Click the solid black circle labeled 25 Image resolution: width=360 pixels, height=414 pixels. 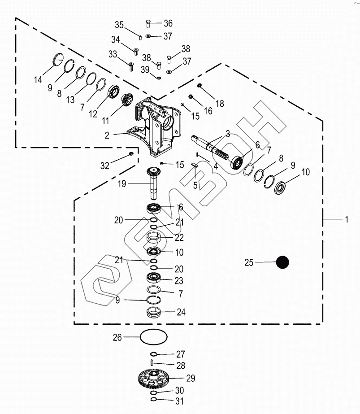pos(282,262)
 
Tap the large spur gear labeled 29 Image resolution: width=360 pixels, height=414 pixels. pos(153,379)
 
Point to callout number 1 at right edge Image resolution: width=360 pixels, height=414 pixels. pos(347,219)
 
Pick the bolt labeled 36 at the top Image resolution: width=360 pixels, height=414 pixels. pos(148,24)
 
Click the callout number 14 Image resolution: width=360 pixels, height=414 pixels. pos(38,79)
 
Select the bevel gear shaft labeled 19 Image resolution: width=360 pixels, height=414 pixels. pos(154,183)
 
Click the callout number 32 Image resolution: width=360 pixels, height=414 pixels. pos(105,166)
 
